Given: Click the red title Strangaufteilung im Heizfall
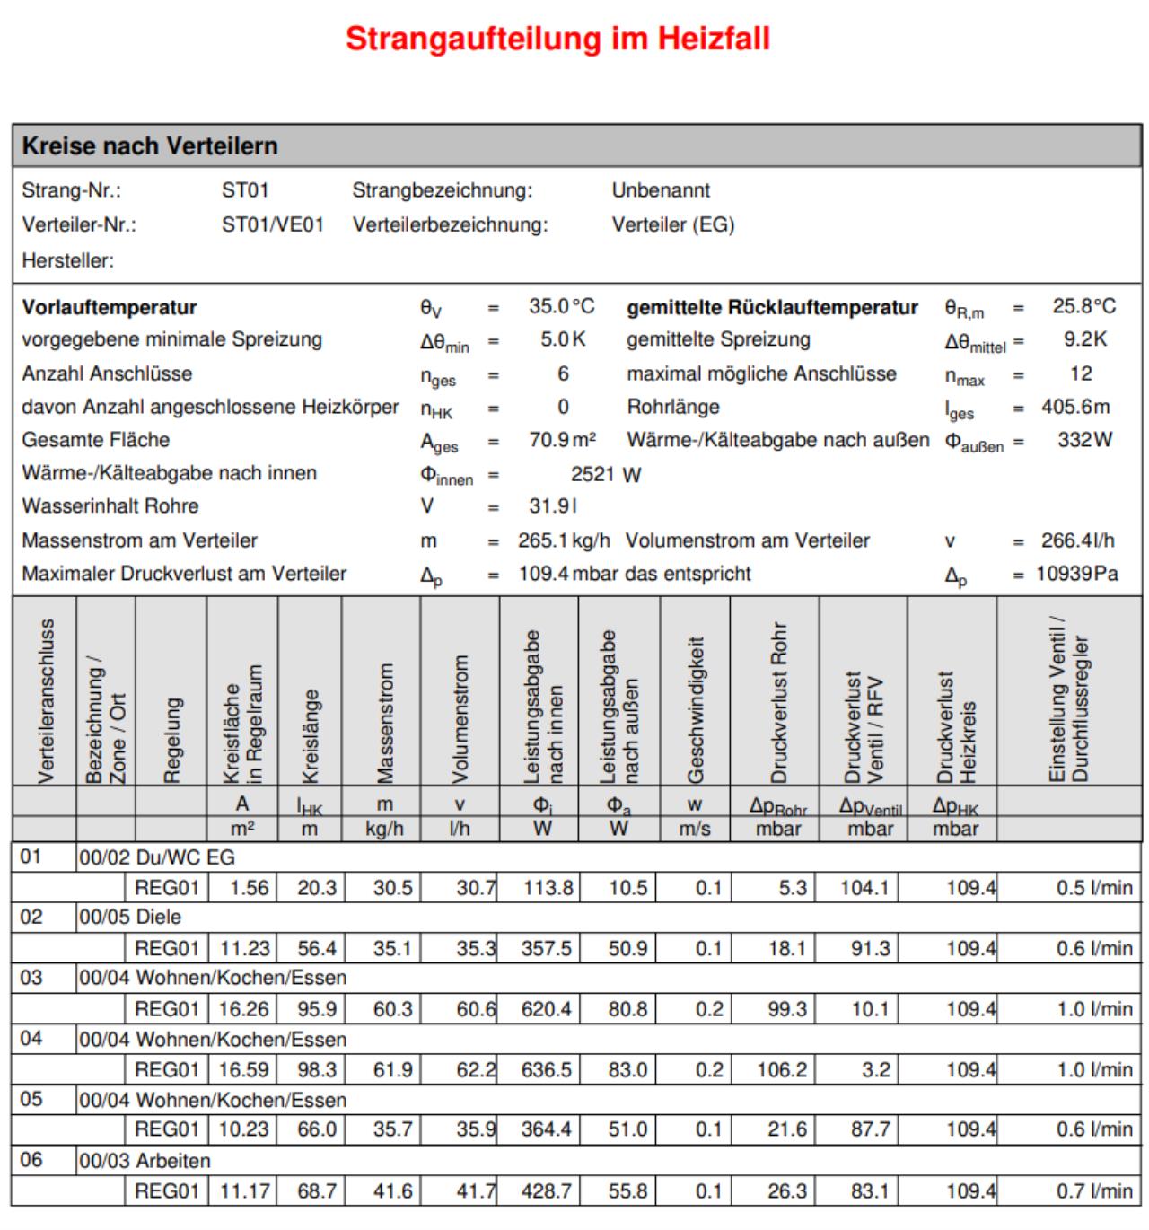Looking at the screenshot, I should [x=557, y=40].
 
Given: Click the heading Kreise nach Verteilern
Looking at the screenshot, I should [x=150, y=145].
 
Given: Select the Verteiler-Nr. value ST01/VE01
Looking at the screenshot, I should [x=272, y=224].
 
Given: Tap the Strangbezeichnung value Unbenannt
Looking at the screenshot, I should [x=661, y=190].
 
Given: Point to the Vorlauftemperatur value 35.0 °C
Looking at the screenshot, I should [x=561, y=307].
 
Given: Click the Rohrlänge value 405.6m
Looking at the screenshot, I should [x=1075, y=407].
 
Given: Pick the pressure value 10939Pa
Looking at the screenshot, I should [x=1076, y=574].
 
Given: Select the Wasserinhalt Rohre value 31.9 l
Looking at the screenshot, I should [x=553, y=506].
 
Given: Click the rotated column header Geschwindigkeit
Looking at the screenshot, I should [x=695, y=709].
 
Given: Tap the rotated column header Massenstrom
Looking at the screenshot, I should [x=384, y=723].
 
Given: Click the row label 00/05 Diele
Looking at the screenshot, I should [x=130, y=918].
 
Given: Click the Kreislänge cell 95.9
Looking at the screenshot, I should [x=317, y=1009].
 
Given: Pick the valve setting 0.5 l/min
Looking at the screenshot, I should [x=1093, y=888].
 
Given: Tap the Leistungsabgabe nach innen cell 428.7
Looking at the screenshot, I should [x=546, y=1191].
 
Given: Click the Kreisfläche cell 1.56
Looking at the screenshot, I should [x=249, y=888].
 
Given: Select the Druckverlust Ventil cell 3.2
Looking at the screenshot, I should [x=875, y=1070].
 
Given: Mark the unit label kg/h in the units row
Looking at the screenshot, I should [x=384, y=829].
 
